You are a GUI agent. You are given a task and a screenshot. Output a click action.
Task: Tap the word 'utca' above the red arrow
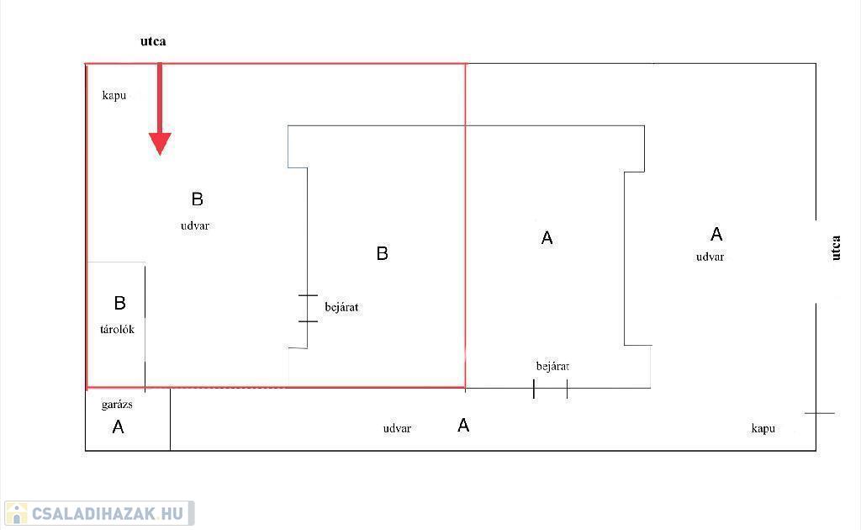click(153, 41)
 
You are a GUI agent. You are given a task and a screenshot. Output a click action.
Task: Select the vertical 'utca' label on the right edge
click(836, 247)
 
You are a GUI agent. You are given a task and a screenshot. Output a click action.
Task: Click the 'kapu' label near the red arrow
click(114, 95)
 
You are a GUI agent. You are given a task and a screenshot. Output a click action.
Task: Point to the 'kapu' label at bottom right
click(763, 428)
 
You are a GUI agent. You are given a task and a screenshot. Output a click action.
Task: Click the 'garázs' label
click(117, 404)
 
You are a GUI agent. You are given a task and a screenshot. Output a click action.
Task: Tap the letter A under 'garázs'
click(118, 427)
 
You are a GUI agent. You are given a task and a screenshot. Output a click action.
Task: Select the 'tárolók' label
click(117, 329)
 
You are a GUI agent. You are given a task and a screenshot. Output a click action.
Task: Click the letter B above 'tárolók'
click(119, 303)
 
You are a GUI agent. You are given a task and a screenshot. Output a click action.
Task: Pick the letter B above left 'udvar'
click(198, 199)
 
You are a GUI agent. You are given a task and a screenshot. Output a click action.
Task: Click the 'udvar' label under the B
click(195, 225)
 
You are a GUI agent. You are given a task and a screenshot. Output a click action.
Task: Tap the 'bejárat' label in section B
click(341, 307)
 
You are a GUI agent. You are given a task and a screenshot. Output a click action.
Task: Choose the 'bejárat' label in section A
click(552, 366)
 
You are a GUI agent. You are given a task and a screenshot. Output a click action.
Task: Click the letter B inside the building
click(382, 253)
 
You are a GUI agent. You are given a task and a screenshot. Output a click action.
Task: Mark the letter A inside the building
click(547, 239)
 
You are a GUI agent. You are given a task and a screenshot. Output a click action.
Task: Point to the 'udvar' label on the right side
click(710, 257)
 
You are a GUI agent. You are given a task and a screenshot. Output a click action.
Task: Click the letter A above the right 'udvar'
click(716, 234)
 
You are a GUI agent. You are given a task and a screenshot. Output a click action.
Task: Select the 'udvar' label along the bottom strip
click(397, 428)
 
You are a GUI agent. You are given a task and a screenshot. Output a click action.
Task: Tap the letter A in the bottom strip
click(463, 426)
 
